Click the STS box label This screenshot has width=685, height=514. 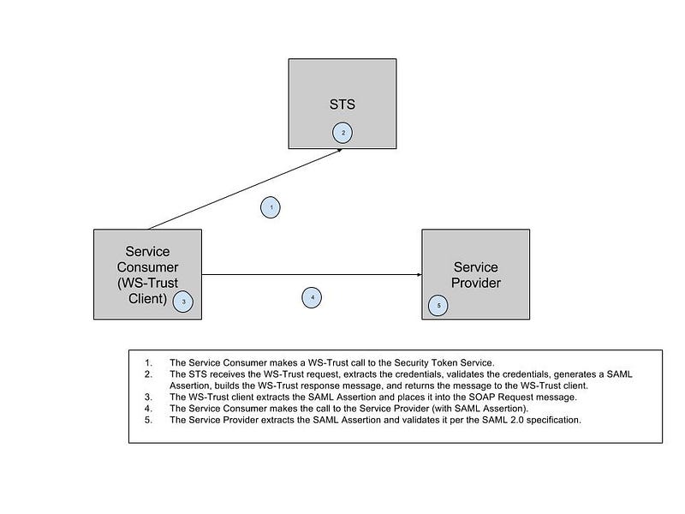click(x=342, y=105)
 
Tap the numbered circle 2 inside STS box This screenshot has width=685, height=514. click(x=342, y=133)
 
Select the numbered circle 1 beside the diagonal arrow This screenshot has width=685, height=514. click(x=271, y=207)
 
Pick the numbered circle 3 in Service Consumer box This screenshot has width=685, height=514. click(x=183, y=302)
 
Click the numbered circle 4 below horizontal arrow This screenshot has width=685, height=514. click(x=312, y=297)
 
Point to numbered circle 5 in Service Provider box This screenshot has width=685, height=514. click(x=438, y=306)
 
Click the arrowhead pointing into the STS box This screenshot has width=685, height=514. click(x=339, y=151)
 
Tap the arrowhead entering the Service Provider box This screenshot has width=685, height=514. click(x=420, y=275)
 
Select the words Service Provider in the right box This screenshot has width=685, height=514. click(x=476, y=275)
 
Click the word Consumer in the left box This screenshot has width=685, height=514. click(x=147, y=267)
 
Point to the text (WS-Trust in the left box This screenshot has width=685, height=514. click(x=147, y=283)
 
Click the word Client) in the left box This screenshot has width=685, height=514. click(x=147, y=298)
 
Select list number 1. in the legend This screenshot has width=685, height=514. click(x=148, y=362)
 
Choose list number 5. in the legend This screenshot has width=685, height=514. click(x=148, y=420)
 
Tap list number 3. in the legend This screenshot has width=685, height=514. click(x=148, y=397)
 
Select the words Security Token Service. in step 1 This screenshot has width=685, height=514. click(x=444, y=363)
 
